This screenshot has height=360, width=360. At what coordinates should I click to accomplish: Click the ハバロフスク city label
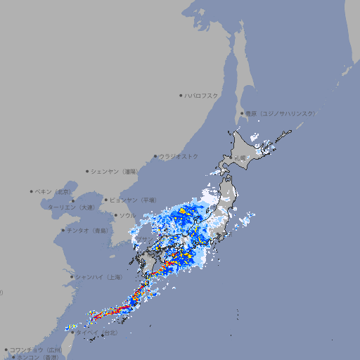202,95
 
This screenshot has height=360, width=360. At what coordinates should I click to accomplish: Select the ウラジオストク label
179,156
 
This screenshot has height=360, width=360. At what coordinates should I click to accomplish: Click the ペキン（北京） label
53,191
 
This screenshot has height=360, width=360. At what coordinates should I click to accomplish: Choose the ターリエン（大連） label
70,207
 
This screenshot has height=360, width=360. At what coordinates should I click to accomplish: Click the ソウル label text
127,215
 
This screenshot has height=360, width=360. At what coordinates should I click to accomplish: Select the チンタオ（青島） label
87,230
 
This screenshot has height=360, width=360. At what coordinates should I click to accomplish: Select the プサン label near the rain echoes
143,240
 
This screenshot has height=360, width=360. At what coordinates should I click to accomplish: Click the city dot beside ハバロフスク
181,95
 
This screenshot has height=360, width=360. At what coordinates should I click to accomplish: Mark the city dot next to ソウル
115,215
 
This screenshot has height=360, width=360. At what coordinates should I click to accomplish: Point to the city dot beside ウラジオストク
155,156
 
